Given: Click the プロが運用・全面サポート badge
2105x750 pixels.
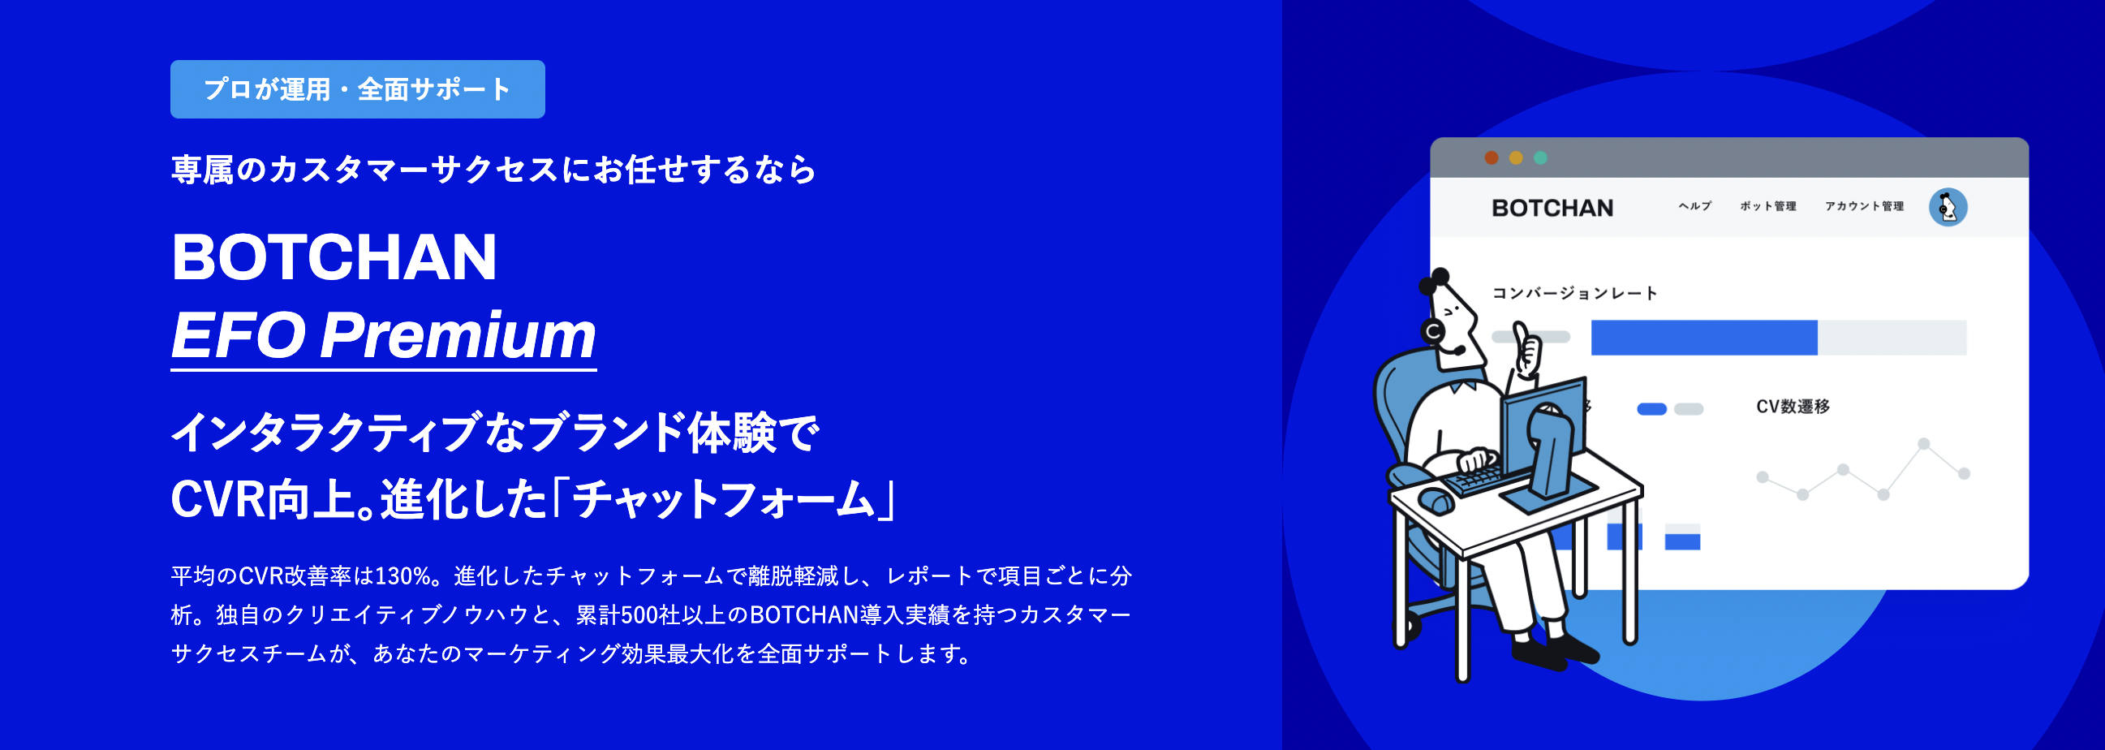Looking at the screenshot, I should [x=357, y=89].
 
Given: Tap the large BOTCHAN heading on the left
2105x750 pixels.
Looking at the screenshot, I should [x=334, y=256].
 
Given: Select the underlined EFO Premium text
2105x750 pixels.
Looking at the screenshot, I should [x=383, y=335].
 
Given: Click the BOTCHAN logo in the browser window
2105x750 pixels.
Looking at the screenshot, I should [x=1552, y=209].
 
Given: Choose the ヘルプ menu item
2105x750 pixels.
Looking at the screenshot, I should [x=1694, y=206].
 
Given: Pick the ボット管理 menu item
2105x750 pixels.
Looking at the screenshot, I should [x=1767, y=206].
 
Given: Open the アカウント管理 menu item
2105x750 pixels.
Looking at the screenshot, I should [x=1864, y=206].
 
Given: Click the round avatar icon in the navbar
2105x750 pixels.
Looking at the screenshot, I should [x=1948, y=207].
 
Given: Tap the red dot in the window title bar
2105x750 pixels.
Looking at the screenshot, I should [x=1492, y=157].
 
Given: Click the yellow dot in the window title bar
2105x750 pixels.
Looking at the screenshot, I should [x=1516, y=157].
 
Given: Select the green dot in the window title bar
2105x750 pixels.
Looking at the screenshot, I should [x=1540, y=157].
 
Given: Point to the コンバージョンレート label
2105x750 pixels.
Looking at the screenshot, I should [x=1574, y=293].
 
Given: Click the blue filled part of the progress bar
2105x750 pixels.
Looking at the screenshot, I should [x=1704, y=338].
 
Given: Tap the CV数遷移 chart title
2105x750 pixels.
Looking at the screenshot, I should [x=1793, y=407].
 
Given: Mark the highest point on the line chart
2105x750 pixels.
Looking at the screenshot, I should [x=1924, y=444].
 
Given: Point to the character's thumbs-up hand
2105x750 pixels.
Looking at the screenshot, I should [x=1526, y=349].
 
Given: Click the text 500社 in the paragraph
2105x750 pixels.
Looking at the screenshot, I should [x=652, y=615].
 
